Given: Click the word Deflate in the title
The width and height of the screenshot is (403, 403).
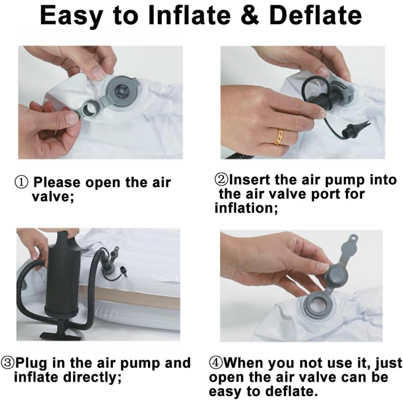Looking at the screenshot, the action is [x=315, y=16].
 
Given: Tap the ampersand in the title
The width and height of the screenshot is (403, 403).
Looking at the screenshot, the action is [x=249, y=16].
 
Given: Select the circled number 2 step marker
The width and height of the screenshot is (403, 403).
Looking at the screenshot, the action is [x=221, y=180].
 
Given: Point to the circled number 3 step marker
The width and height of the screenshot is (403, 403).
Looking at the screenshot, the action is [x=7, y=363].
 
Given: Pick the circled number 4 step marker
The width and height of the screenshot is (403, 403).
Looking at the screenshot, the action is [x=216, y=363].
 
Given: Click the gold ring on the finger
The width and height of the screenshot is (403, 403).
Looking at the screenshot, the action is [x=279, y=137].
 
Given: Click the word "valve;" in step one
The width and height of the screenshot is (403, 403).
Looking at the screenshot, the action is [x=53, y=197].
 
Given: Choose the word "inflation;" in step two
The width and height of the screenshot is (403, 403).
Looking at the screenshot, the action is [x=246, y=208].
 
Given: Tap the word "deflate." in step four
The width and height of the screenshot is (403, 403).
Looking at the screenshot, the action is [x=291, y=391].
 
